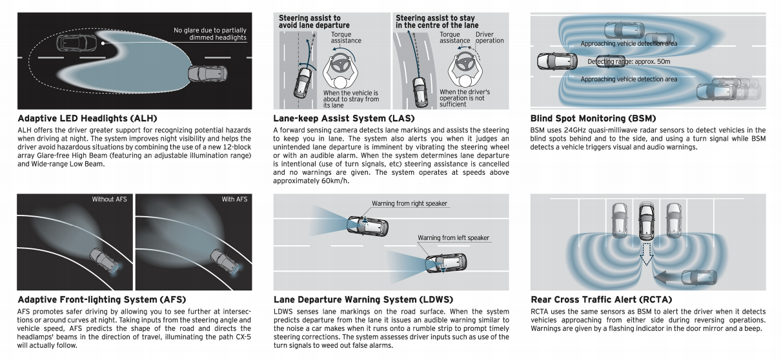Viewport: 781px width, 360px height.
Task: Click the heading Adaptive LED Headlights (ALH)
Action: click(x=87, y=119)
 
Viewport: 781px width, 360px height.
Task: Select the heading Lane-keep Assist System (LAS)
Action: click(x=344, y=119)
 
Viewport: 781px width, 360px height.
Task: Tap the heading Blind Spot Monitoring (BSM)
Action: click(x=593, y=119)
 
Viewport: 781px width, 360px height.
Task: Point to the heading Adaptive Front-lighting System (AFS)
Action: click(x=101, y=299)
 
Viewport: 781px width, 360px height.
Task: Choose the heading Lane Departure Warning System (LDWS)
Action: click(x=363, y=299)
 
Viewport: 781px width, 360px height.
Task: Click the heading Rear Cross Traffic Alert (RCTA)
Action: click(x=601, y=299)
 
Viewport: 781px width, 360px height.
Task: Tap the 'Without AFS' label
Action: click(x=109, y=199)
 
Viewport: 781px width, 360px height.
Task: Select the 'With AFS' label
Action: click(x=234, y=199)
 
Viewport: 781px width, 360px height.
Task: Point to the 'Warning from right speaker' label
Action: click(x=409, y=204)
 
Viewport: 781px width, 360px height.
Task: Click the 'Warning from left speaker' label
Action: click(x=453, y=238)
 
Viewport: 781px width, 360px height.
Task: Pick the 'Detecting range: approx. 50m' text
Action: click(x=628, y=62)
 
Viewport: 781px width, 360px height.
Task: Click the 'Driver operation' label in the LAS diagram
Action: click(x=489, y=37)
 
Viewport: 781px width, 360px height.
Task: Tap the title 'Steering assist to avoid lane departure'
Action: click(x=310, y=21)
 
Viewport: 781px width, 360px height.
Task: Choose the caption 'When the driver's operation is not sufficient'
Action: click(x=465, y=98)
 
